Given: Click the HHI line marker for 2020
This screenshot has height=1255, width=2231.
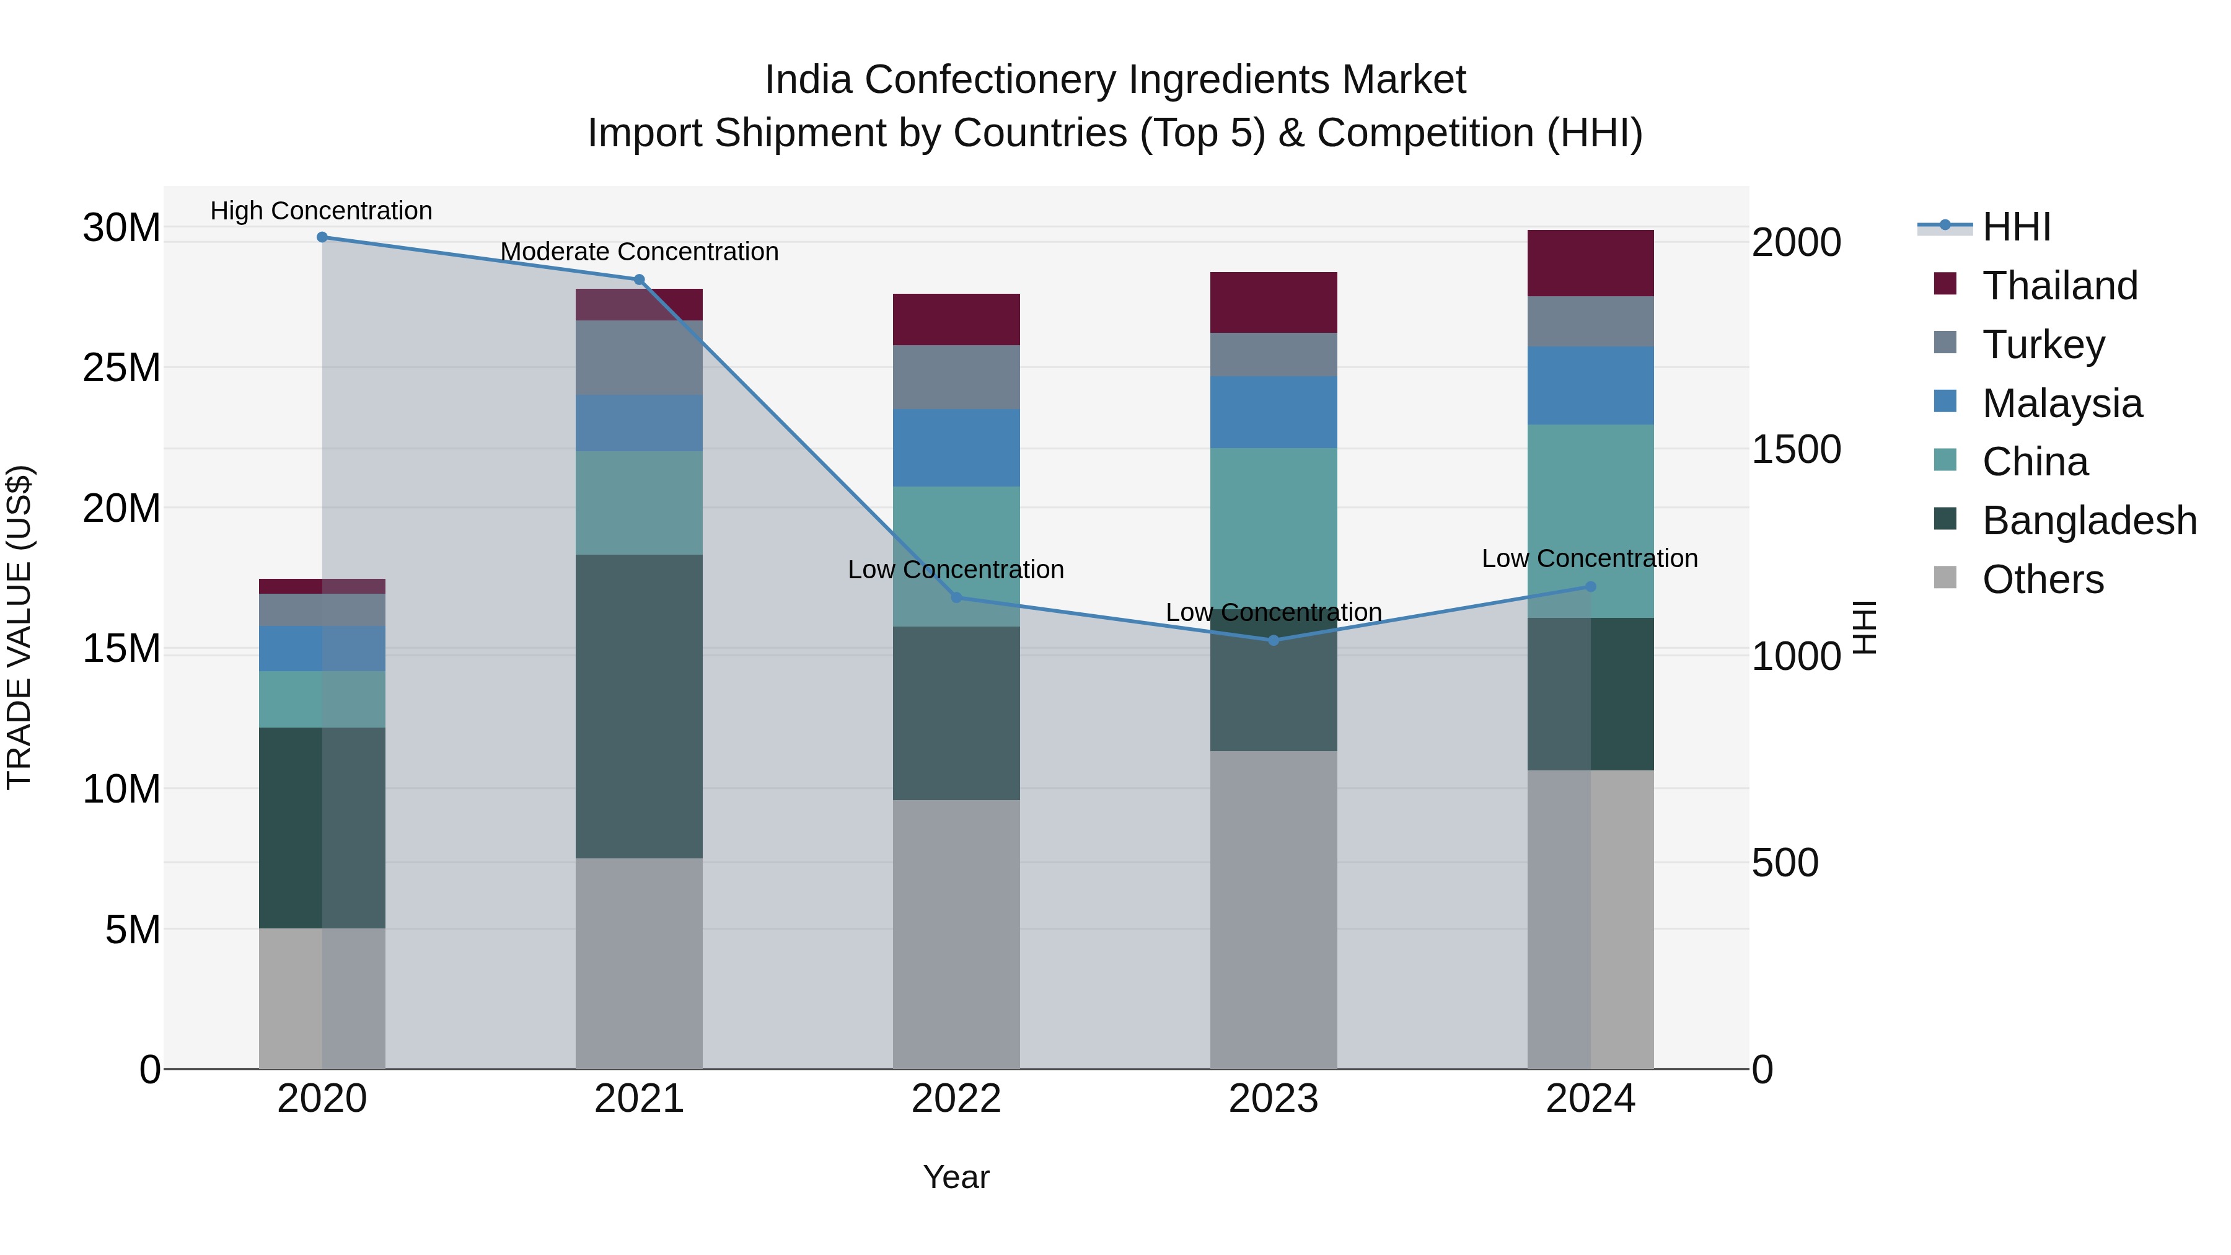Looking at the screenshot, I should (x=322, y=237).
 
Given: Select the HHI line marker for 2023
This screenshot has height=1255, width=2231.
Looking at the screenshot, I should (x=1273, y=640).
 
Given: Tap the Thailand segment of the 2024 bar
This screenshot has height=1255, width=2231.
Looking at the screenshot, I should (x=1590, y=263).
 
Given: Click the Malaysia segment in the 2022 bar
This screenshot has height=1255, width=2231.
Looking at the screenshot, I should (x=956, y=448).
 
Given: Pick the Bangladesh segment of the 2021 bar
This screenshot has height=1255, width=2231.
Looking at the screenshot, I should (x=639, y=706).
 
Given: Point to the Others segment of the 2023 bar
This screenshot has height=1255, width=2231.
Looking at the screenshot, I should (x=1273, y=909).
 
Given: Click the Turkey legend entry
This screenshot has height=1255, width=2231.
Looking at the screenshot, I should (x=2043, y=345).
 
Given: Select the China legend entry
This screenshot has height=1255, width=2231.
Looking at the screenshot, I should (x=2035, y=462).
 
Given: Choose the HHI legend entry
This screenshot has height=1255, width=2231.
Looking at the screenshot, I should (x=2015, y=227).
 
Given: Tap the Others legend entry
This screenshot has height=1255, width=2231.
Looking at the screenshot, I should (x=2042, y=579).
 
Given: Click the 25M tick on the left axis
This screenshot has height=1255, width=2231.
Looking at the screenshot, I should (x=121, y=368).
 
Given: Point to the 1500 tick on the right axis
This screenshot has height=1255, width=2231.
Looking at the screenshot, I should (x=1796, y=449).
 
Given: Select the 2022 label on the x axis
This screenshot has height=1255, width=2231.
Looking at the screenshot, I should (x=956, y=1099).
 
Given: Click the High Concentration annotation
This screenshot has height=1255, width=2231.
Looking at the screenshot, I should (x=321, y=211).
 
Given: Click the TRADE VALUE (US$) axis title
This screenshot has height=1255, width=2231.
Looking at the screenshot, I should (x=19, y=627).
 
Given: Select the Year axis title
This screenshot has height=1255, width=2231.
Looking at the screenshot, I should (x=956, y=1177).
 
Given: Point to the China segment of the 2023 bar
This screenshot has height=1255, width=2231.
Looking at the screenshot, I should (x=1273, y=528).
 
